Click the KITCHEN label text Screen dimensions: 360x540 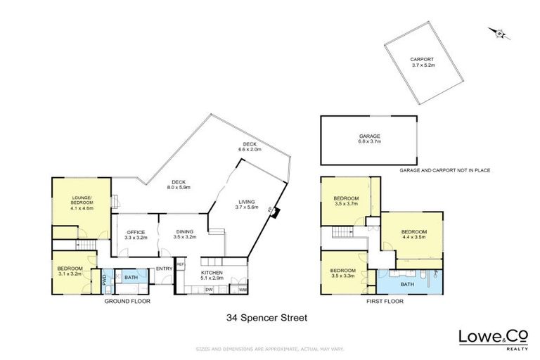[x=212, y=274]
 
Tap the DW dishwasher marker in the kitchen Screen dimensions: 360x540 [x=209, y=290]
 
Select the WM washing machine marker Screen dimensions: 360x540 [x=243, y=290]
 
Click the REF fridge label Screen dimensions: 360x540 [x=180, y=264]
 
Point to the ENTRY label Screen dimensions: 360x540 [x=165, y=269]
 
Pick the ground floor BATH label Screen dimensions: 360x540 [x=131, y=278]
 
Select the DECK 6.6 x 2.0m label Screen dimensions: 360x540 [x=250, y=147]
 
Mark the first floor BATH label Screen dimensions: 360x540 [x=406, y=284]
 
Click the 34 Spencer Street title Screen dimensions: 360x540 [x=266, y=317]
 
